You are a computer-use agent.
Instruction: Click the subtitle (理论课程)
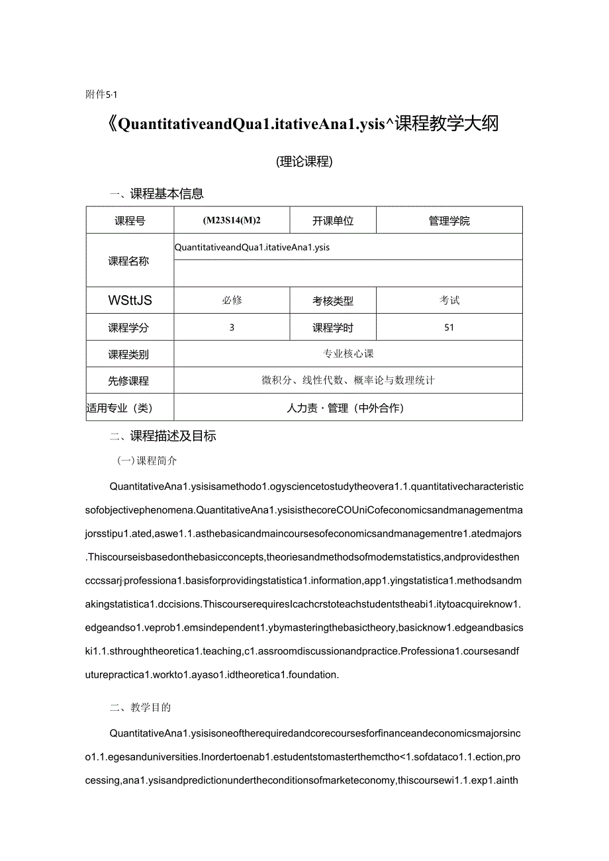point(304,161)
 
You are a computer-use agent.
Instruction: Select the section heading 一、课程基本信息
point(157,194)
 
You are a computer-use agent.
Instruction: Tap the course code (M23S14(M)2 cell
point(232,221)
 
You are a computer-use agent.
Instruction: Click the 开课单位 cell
point(333,221)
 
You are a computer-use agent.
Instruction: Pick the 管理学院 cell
point(449,221)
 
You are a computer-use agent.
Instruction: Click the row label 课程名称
point(129,261)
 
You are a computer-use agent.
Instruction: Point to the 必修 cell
point(232,300)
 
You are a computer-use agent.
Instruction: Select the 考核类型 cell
point(333,301)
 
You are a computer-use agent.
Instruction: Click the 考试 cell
point(449,300)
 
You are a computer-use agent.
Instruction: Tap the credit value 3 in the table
point(232,327)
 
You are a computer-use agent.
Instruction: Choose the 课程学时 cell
point(333,328)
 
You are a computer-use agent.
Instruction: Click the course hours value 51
point(449,327)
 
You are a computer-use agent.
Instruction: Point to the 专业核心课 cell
point(348,354)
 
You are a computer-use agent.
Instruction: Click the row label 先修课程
point(129,381)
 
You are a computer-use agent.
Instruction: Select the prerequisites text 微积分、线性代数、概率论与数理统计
point(348,381)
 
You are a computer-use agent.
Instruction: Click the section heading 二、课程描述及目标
point(163,436)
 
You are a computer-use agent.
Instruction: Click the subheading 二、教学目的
point(140,707)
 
